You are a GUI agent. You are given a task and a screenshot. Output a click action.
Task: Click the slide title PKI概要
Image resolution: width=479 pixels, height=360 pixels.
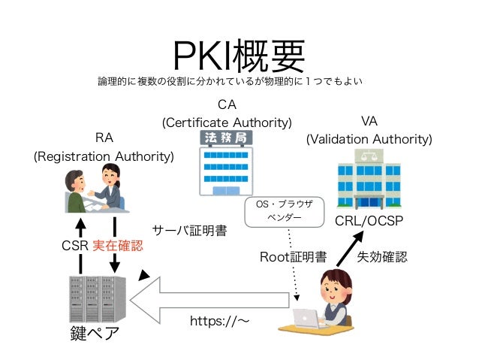[239, 54]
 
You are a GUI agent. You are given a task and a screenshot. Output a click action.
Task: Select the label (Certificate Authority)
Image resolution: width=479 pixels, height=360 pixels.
[227, 122]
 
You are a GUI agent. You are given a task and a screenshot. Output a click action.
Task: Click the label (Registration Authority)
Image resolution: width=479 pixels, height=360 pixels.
[104, 156]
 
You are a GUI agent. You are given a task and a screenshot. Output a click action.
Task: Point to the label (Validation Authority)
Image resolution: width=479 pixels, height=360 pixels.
[369, 139]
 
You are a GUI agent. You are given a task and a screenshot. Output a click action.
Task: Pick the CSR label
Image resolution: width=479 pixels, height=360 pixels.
[75, 246]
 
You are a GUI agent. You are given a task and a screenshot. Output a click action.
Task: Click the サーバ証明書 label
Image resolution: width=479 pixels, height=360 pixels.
[189, 230]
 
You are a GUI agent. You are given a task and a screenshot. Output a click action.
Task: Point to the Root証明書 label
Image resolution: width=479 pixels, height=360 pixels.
[293, 257]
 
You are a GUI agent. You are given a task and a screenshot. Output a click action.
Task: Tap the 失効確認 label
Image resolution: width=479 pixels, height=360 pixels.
[381, 257]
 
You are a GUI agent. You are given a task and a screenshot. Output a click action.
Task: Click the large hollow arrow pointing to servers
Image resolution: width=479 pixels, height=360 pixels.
[210, 300]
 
